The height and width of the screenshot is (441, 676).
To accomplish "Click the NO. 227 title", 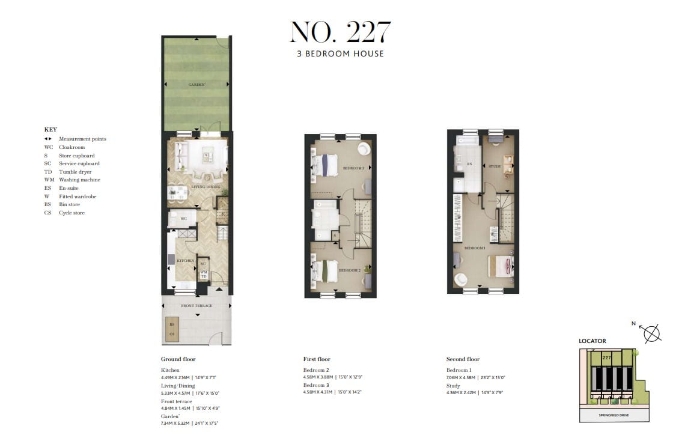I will [340, 32].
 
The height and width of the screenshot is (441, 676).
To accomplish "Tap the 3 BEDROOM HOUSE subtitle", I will [340, 53].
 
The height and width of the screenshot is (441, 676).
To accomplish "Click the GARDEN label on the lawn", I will [196, 85].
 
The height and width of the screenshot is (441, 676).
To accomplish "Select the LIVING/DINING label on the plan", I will [206, 187].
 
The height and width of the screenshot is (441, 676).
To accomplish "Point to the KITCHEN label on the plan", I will [185, 261].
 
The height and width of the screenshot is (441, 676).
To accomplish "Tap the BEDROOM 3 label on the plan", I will [353, 168].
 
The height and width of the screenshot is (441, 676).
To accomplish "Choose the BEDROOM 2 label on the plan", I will [349, 270].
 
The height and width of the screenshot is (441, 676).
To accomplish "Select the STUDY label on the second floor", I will [495, 166].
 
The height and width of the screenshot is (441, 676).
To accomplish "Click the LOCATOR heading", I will [592, 341].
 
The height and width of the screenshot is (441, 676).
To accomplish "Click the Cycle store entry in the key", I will [72, 213].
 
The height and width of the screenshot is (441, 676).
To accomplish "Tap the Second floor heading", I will [463, 359].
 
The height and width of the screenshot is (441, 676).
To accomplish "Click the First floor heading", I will [317, 359].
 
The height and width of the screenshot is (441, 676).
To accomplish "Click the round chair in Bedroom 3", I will [364, 149].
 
